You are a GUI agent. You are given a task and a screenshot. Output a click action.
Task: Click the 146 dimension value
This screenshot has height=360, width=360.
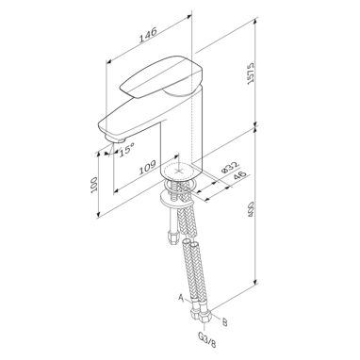[148, 35]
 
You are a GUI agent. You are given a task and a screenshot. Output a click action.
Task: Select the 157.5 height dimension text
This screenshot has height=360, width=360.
[251, 74]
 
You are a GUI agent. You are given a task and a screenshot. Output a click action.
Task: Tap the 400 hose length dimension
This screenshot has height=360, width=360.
[252, 210]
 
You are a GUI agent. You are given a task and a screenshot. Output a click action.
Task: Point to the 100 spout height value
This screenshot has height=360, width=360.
[94, 185]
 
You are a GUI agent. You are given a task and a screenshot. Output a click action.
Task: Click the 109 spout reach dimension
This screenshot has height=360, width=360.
[148, 168]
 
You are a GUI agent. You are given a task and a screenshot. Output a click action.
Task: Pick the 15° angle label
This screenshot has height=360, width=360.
[126, 149]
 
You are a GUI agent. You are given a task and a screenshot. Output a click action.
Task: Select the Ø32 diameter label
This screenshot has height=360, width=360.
[230, 167]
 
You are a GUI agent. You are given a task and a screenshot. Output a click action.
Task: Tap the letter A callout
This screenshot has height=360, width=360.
[181, 297]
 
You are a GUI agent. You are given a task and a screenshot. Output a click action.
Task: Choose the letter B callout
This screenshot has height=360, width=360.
[224, 322]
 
